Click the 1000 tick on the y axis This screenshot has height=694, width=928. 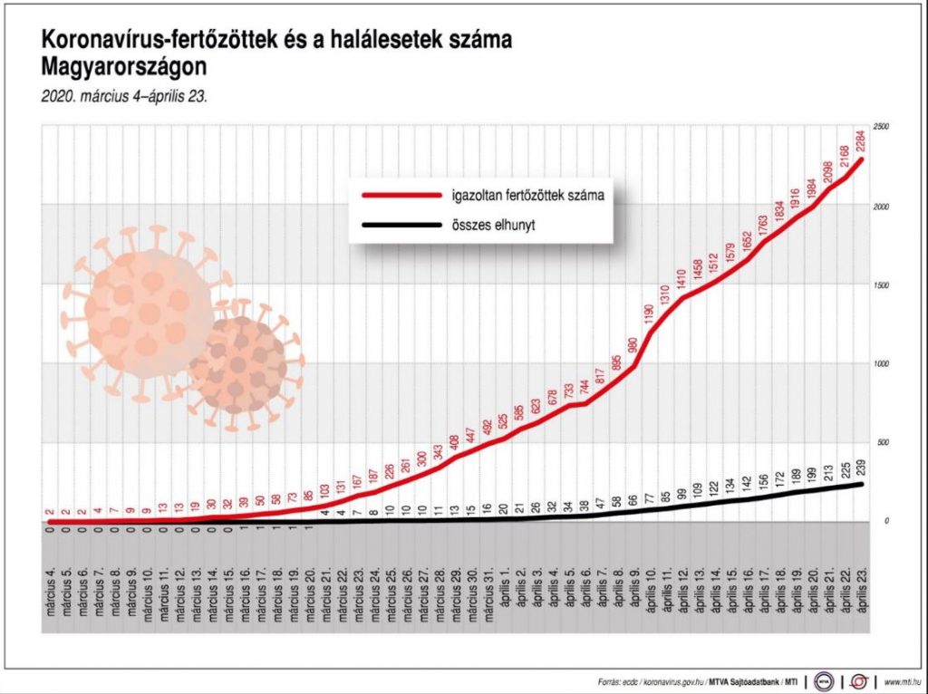pyautogui.click(x=881, y=363)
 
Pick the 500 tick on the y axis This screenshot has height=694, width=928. pyautogui.click(x=880, y=442)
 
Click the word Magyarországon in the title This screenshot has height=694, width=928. pyautogui.click(x=123, y=67)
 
